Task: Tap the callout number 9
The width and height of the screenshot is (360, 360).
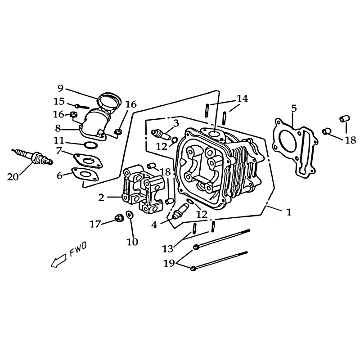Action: [x=60, y=88]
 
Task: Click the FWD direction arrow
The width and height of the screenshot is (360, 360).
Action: [x=58, y=261]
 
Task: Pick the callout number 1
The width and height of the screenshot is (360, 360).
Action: [x=289, y=212]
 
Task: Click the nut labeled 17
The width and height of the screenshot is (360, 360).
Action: [x=119, y=218]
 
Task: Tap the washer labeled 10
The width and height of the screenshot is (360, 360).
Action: [x=130, y=215]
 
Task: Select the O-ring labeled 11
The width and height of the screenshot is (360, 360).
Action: [x=90, y=145]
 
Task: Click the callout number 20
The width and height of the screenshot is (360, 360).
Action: [x=13, y=176]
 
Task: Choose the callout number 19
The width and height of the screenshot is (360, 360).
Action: [x=169, y=263]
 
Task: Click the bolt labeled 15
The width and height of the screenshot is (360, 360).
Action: [x=82, y=106]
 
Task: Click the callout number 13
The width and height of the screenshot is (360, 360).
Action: [x=167, y=249]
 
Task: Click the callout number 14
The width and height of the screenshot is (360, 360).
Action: [x=243, y=99]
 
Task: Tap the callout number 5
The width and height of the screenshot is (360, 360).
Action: [x=294, y=108]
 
